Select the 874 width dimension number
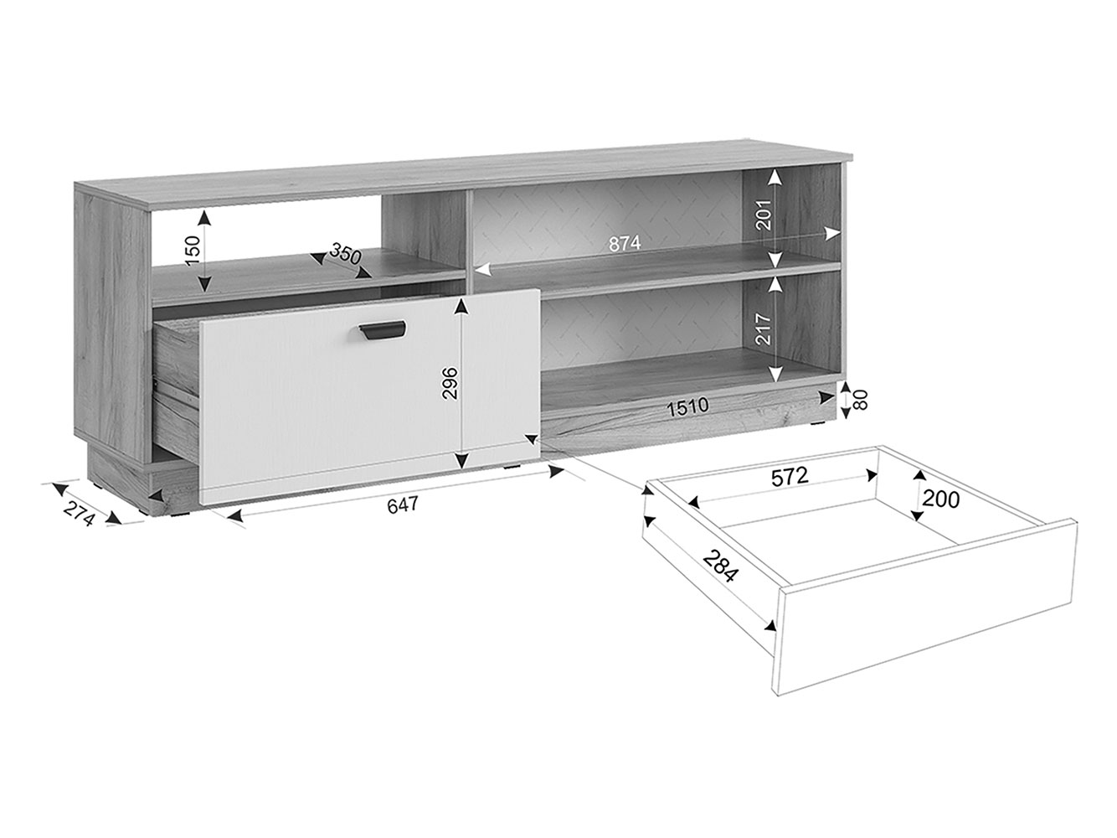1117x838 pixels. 625,245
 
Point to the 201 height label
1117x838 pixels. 764,215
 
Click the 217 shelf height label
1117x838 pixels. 764,330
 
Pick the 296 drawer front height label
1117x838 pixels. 450,383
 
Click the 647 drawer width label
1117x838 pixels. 402,505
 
